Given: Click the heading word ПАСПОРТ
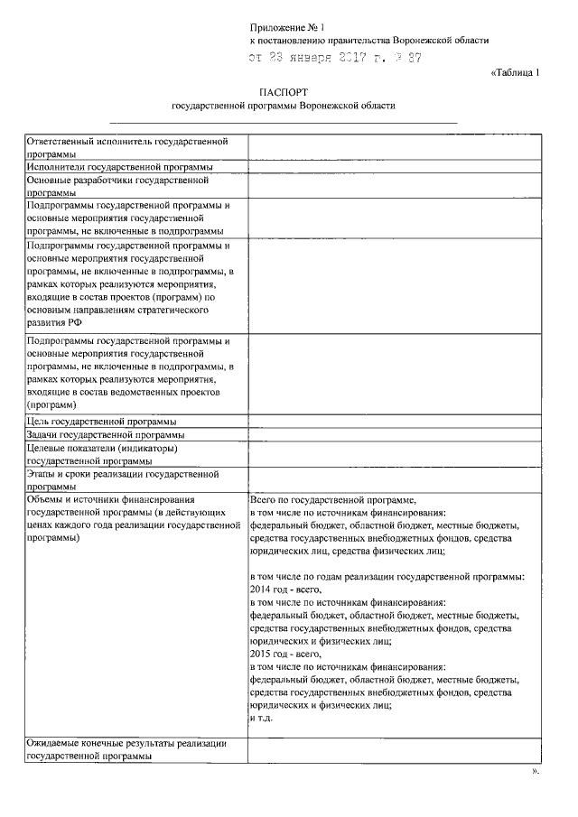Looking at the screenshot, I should [x=283, y=91].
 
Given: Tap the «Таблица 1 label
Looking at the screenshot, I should [x=515, y=74].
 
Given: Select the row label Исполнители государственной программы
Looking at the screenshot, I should [x=120, y=167].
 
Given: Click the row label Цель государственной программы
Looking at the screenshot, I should [x=101, y=422].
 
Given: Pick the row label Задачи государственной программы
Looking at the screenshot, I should [x=106, y=435].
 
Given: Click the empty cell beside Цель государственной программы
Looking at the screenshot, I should [x=394, y=422].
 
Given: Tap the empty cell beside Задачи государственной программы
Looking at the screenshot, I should [x=394, y=435].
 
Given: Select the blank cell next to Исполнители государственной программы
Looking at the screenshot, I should [x=394, y=167].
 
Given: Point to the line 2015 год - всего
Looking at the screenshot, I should [x=284, y=654].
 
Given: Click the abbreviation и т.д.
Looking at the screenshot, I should [x=261, y=718].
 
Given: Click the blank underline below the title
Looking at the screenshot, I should [x=283, y=122].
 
